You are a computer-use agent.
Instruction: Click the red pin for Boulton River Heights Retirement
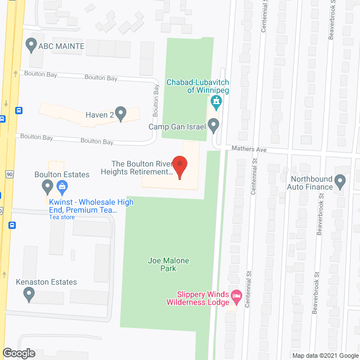pos(179,167)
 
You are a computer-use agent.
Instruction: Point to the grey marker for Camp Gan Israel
pos(213,126)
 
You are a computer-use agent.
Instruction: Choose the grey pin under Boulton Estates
pos(47,186)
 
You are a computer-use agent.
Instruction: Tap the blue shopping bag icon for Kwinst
pos(62,186)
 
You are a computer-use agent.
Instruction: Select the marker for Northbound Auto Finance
pos(340,182)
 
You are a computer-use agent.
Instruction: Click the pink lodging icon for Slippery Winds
pos(237,296)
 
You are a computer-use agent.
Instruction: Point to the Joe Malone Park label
pos(168,264)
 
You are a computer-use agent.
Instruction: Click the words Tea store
pos(62,217)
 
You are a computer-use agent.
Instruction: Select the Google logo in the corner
pos(18,353)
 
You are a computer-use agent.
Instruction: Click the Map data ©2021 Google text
pos(325,355)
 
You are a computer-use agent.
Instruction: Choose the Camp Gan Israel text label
pos(175,127)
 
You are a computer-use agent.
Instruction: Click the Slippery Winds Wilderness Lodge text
pos(198,298)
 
